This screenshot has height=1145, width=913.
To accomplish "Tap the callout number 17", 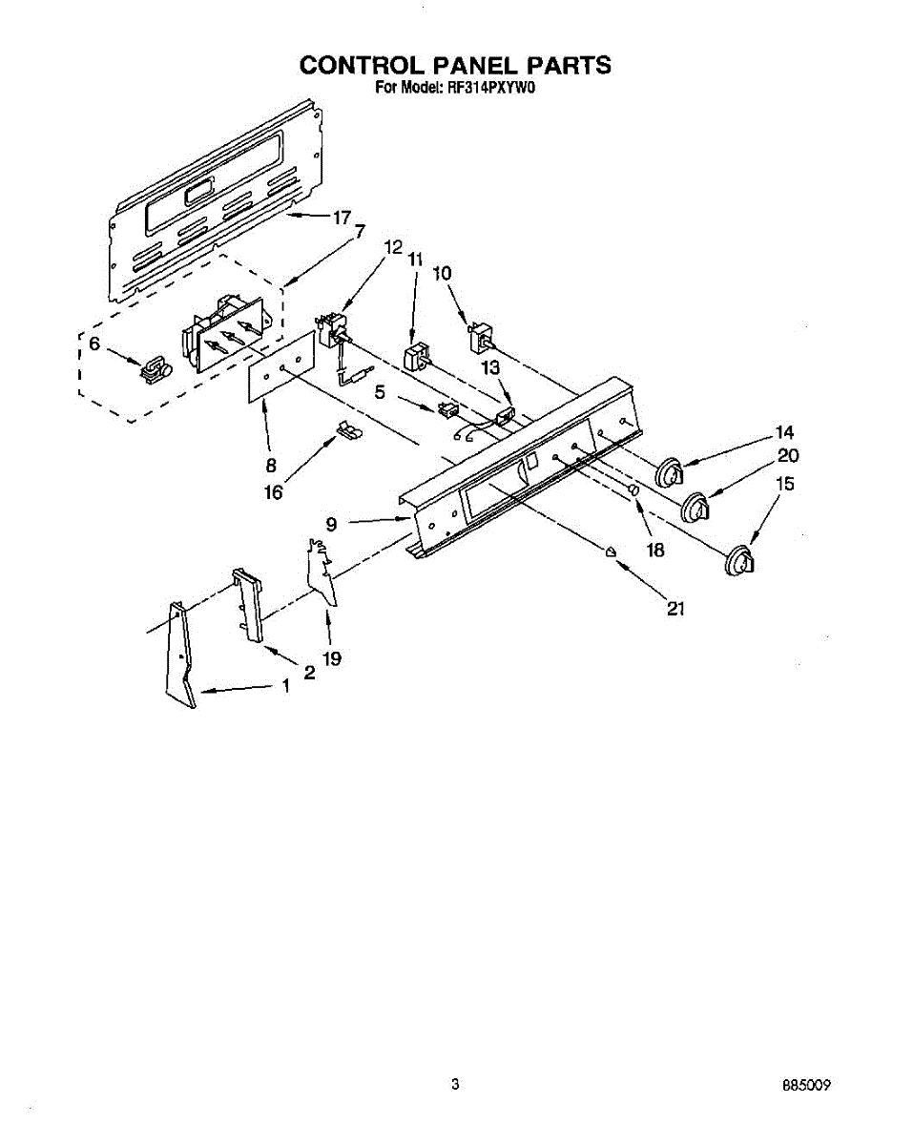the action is click(342, 218).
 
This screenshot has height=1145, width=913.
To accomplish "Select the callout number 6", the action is click(93, 343).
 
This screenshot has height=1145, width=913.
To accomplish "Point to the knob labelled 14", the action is click(671, 472).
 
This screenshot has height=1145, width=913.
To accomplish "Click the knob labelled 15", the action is click(738, 562).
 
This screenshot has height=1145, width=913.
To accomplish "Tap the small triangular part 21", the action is click(611, 552).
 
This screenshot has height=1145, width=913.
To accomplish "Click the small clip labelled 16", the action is click(348, 431).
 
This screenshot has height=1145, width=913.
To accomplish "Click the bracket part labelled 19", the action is click(322, 572).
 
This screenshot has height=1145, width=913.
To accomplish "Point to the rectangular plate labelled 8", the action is click(281, 368).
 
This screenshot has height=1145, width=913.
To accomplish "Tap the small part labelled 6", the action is click(153, 369).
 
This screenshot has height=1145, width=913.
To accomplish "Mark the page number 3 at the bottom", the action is click(456, 1084).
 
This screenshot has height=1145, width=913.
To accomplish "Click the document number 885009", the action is click(810, 1085).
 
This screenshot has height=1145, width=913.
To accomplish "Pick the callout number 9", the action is click(331, 523).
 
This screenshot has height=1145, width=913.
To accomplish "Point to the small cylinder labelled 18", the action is click(632, 489).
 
